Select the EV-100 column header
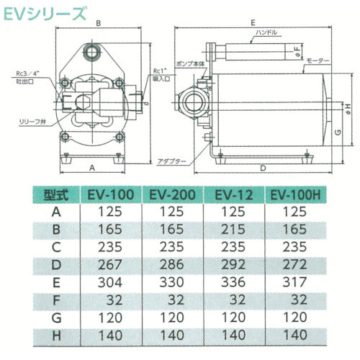tap(108, 194)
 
